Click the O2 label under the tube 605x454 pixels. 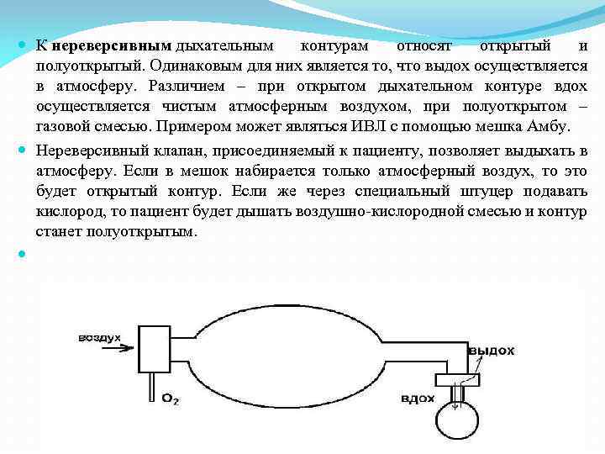pyautogui.click(x=171, y=398)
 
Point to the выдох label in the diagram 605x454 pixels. pyautogui.click(x=491, y=349)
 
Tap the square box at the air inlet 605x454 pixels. pyautogui.click(x=154, y=348)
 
